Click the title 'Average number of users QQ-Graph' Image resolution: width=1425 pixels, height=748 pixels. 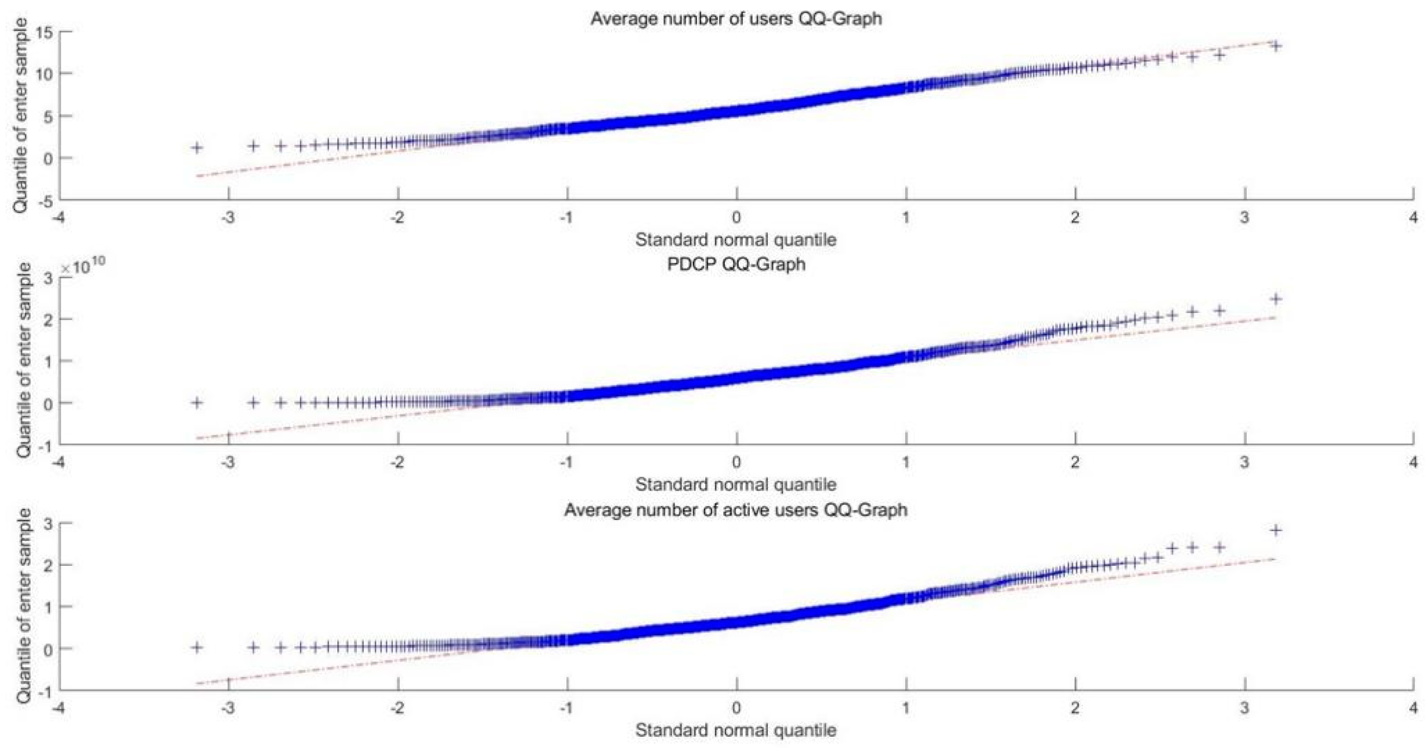click(736, 19)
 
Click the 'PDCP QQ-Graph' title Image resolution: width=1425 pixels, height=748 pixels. click(736, 264)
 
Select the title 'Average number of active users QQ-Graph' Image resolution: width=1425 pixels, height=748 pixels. click(736, 509)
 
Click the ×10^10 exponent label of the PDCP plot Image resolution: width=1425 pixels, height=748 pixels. click(83, 268)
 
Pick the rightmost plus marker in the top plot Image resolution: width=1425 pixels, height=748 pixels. click(1276, 46)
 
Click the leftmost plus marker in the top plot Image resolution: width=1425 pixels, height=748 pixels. click(197, 148)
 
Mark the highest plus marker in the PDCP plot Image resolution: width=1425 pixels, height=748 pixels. click(1276, 299)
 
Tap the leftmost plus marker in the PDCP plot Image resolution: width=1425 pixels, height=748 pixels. click(197, 402)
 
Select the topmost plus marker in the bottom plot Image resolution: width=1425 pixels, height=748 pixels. click(1276, 530)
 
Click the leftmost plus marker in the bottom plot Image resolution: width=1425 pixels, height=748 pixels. click(197, 647)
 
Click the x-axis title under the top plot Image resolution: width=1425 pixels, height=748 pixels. click(736, 240)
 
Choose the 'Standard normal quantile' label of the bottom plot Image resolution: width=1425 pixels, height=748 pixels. click(736, 730)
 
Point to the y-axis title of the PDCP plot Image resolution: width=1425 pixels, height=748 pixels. click(24, 360)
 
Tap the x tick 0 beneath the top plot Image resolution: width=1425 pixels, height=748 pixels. click(736, 217)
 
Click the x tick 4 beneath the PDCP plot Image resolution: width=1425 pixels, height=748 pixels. click(1413, 462)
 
